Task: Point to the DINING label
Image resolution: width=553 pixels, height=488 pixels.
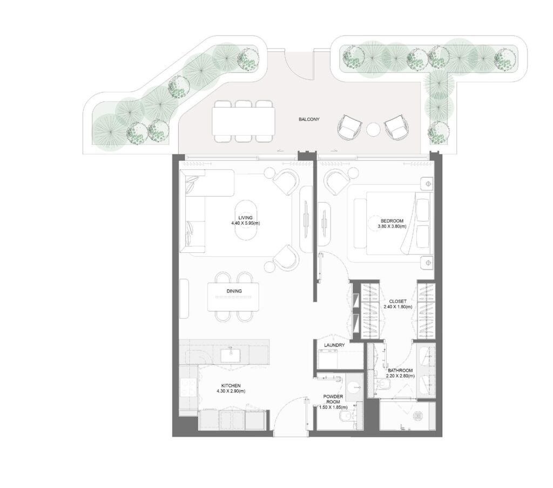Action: (234, 291)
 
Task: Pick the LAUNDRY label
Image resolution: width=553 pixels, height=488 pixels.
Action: (334, 345)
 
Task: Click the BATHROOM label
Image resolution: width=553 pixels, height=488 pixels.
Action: (400, 371)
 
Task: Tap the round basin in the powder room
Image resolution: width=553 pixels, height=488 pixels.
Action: (354, 387)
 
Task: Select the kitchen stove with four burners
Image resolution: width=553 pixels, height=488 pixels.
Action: (188, 386)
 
